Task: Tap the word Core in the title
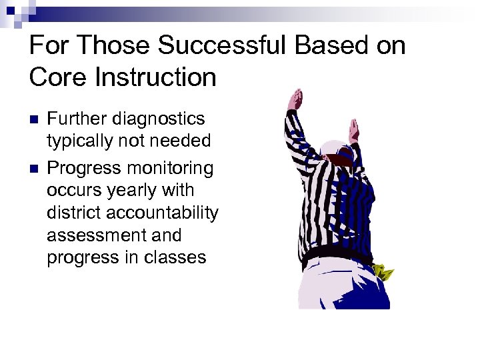coord(54,77)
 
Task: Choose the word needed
coord(179,141)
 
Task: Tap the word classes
coord(177,258)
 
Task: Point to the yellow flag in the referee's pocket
coord(384,272)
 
